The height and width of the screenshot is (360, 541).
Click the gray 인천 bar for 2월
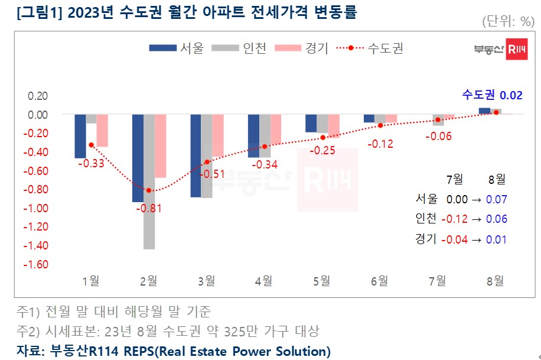click(149, 181)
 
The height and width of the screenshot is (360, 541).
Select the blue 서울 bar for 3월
click(195, 155)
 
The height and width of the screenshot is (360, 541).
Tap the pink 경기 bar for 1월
click(102, 131)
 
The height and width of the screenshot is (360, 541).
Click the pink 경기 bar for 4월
click(276, 129)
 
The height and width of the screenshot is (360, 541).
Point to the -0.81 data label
click(148, 208)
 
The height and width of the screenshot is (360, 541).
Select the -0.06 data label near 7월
click(438, 136)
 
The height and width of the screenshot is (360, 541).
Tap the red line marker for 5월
click(322, 137)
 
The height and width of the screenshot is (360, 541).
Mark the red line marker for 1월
click(91, 144)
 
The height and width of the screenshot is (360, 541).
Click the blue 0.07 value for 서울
click(496, 199)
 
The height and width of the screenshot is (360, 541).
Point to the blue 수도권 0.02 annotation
click(492, 95)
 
